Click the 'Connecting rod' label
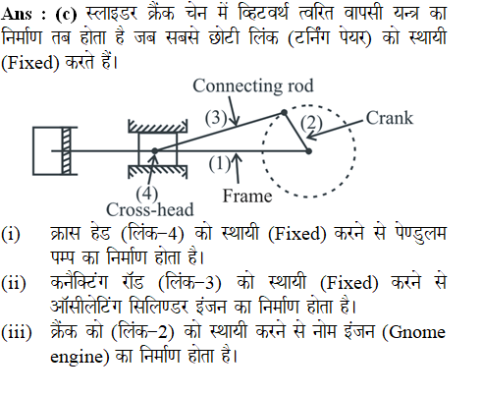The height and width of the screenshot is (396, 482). [x=253, y=86]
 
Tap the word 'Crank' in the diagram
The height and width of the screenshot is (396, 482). [x=390, y=118]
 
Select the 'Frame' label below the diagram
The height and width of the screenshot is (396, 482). [x=247, y=196]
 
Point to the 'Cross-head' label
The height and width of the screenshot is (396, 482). [x=150, y=209]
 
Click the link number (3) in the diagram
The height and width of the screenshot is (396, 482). [x=216, y=118]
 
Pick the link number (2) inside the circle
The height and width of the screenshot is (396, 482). [x=311, y=124]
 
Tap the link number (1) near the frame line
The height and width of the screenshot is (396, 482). [x=220, y=163]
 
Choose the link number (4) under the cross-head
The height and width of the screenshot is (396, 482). [x=147, y=194]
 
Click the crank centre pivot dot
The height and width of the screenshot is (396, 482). [x=308, y=151]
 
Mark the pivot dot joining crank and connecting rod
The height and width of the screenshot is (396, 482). [x=284, y=113]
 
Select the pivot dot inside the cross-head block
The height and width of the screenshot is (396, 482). [x=155, y=151]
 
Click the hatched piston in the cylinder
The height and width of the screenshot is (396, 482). [x=66, y=151]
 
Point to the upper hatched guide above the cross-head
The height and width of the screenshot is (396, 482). [x=157, y=127]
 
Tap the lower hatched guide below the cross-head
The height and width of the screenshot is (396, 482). [x=157, y=171]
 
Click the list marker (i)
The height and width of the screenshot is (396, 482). [x=11, y=234]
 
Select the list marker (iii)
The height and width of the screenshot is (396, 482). [x=17, y=332]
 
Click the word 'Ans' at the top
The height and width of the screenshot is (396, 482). [x=17, y=14]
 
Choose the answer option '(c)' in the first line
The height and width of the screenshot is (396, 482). [x=67, y=14]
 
